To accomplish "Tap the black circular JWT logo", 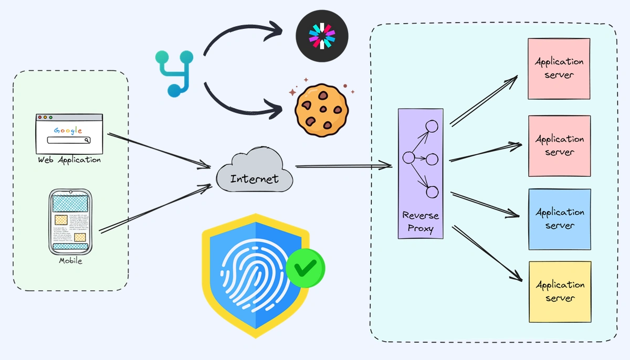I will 322,35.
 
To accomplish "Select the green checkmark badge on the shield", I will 305,268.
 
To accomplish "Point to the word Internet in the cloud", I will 254,178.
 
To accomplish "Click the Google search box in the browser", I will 69,140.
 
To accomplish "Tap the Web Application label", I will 69,160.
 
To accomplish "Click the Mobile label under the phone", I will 70,260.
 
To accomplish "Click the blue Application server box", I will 560,219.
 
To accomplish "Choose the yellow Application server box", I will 560,292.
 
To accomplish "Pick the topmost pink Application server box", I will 559,68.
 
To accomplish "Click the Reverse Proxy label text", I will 421,221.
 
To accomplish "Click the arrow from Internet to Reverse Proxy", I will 344,166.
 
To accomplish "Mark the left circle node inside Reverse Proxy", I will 408,157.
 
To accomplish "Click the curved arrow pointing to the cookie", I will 241,108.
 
